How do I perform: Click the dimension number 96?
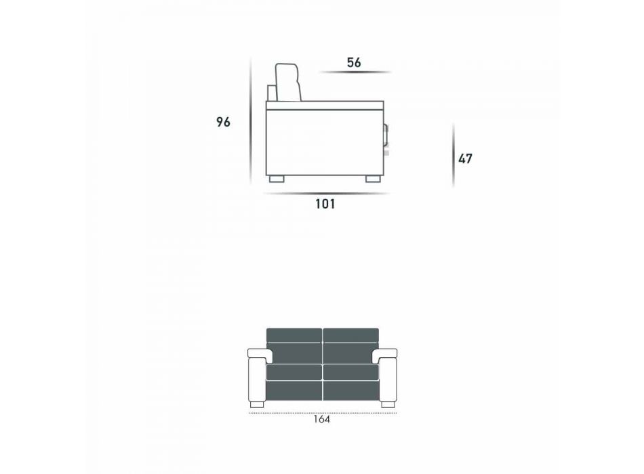[224, 122]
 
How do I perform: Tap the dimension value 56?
[354, 62]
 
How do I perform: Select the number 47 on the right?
[465, 158]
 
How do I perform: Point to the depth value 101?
[325, 204]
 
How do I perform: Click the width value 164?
[321, 419]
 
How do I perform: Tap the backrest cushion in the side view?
[288, 83]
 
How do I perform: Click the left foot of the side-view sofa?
[277, 179]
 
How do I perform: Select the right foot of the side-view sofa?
[373, 179]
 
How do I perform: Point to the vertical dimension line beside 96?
[251, 121]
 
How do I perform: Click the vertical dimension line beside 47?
[454, 155]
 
